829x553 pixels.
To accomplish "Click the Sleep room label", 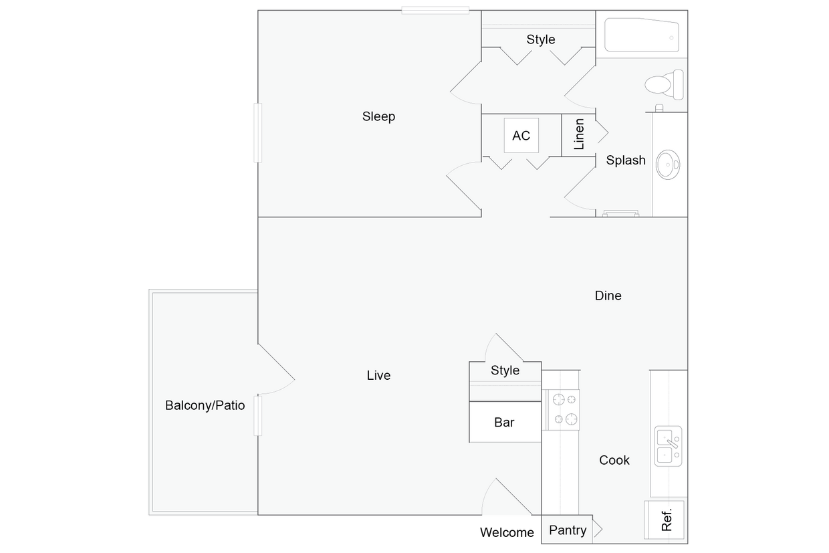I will click(x=378, y=116).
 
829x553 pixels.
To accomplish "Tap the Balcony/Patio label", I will click(x=205, y=405).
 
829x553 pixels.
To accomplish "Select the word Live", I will click(x=378, y=376).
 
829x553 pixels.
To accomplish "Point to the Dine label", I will click(x=608, y=296).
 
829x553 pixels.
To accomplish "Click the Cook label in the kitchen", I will click(x=614, y=460).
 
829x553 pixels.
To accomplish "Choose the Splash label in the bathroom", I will click(x=626, y=160).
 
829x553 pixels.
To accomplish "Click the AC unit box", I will click(x=521, y=136).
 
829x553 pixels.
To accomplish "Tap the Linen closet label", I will click(x=579, y=134).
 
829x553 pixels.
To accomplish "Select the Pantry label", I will click(x=568, y=530).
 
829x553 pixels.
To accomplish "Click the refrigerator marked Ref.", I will click(x=665, y=519).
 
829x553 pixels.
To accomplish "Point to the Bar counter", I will click(x=504, y=422).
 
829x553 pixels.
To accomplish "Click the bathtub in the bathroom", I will click(x=642, y=35).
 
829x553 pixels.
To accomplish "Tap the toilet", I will click(x=663, y=84).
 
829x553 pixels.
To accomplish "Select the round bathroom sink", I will click(x=667, y=162).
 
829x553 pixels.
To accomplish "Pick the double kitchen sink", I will click(x=668, y=447).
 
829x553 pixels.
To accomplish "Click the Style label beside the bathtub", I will click(x=540, y=39).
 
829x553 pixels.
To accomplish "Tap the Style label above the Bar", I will click(x=505, y=370).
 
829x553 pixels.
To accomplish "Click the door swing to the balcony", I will click(x=275, y=371).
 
